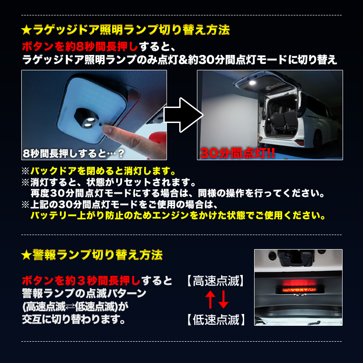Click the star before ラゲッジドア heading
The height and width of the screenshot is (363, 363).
[x=26, y=30]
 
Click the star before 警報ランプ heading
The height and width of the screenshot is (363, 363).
[x=26, y=255]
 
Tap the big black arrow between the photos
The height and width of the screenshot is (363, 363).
[x=183, y=115]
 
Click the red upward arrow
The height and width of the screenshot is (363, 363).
[x=210, y=299]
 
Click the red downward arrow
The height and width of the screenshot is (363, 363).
[x=223, y=299]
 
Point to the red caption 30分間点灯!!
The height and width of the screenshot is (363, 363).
[x=237, y=153]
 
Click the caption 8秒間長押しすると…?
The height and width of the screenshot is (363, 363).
[x=74, y=153]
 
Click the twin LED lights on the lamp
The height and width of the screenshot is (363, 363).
[x=88, y=122]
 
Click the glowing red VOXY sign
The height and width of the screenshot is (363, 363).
[x=298, y=290]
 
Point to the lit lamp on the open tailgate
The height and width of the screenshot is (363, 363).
[x=253, y=83]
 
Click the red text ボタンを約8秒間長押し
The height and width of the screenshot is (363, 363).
[x=80, y=47]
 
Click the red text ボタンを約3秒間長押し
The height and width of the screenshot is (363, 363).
[x=81, y=281]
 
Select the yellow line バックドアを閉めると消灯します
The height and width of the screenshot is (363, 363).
[x=103, y=172]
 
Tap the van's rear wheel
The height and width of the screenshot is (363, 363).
[x=318, y=141]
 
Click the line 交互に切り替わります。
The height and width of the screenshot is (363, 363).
[x=74, y=319]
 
